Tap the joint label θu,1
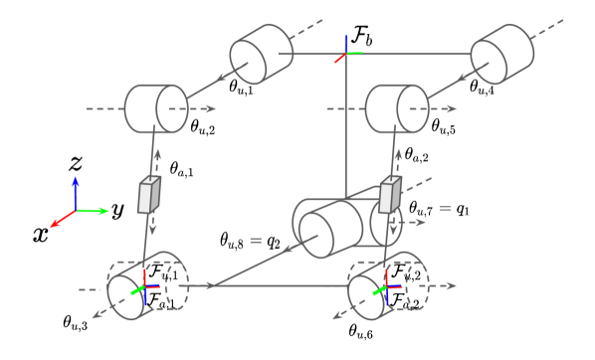(242, 89)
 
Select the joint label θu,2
(204, 126)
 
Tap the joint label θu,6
(362, 329)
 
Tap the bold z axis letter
(74, 163)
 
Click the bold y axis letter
(116, 211)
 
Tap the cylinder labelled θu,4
(502, 56)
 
